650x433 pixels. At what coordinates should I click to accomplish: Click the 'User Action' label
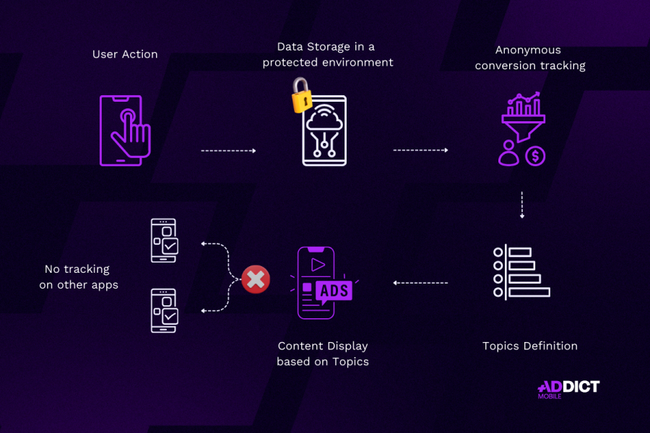click(x=125, y=54)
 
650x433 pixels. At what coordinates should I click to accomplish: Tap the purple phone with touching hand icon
click(x=126, y=130)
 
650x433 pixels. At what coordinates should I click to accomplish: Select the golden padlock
click(x=300, y=95)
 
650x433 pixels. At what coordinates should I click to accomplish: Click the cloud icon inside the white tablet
click(x=324, y=123)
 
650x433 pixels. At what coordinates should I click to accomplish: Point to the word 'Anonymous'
click(x=528, y=50)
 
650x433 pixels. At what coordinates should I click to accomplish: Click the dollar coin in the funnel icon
click(x=535, y=154)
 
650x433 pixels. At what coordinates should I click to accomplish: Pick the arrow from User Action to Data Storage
click(x=228, y=151)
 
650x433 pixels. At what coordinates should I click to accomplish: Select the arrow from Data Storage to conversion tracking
click(x=420, y=150)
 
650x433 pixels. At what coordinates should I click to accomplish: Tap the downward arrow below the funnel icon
click(x=522, y=205)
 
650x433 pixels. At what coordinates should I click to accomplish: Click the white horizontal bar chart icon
click(x=521, y=272)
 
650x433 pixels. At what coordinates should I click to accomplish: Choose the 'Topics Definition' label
click(x=530, y=346)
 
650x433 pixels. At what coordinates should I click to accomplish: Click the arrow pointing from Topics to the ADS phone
click(x=420, y=283)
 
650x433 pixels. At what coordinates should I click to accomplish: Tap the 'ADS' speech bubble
click(x=334, y=291)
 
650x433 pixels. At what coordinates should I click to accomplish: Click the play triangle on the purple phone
click(x=317, y=264)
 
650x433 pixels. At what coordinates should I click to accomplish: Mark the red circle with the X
click(x=255, y=279)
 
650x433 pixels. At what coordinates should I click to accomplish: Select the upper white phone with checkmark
click(x=163, y=241)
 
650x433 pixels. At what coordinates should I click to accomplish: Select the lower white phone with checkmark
click(x=163, y=310)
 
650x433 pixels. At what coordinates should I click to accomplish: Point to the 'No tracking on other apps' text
click(x=79, y=276)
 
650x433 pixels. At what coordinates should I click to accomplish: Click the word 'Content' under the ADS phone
click(x=300, y=346)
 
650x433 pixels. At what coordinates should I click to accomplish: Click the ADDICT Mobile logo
click(x=568, y=388)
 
